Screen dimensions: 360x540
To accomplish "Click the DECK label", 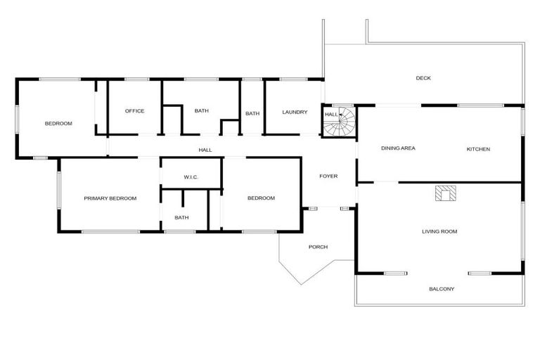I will (x=423, y=78).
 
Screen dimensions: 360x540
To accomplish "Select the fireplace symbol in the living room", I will (x=444, y=193).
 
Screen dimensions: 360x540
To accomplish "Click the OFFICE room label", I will (x=134, y=111).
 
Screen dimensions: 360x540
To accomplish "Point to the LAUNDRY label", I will (x=295, y=112).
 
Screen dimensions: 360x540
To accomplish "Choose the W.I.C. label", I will (x=191, y=176).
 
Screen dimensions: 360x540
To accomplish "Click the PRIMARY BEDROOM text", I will (x=110, y=198).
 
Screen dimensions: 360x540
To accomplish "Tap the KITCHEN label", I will (x=478, y=149).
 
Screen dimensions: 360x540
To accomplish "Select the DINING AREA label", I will (x=398, y=148).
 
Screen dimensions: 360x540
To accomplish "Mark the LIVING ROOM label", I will (x=440, y=231).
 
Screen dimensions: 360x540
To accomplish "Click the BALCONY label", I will (x=442, y=289).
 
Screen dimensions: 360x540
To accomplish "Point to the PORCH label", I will (x=318, y=247).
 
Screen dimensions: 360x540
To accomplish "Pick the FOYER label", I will (x=328, y=176).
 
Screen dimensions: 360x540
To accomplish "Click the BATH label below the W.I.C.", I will (x=181, y=217).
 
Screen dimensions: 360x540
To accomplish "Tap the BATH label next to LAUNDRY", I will (x=252, y=113).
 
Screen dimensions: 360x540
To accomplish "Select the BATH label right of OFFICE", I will (x=202, y=111).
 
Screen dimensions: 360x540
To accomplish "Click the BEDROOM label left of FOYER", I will (x=261, y=198).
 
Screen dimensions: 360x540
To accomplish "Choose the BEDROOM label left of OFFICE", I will (x=58, y=124).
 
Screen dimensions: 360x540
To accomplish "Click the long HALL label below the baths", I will (x=205, y=150).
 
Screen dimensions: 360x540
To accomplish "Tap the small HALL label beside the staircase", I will (x=330, y=114).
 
